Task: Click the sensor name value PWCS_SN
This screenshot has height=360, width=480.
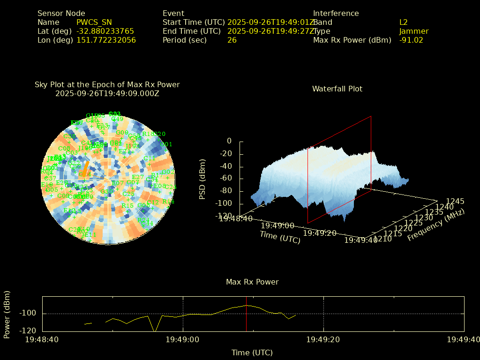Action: pyautogui.click(x=94, y=22)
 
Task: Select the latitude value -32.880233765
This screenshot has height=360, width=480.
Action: pyautogui.click(x=105, y=31)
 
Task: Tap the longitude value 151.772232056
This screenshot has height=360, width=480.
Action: pyautogui.click(x=106, y=40)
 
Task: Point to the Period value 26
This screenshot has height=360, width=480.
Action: pyautogui.click(x=232, y=40)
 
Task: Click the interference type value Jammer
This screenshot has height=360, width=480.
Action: pyautogui.click(x=414, y=31)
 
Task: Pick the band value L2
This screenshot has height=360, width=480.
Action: pyautogui.click(x=404, y=22)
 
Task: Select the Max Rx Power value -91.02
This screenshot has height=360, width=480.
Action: pyautogui.click(x=411, y=40)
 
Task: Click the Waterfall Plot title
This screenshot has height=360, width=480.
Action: pyautogui.click(x=337, y=89)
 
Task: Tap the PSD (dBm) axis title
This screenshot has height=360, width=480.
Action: pyautogui.click(x=202, y=179)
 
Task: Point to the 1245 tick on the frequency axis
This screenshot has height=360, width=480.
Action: pyautogui.click(x=455, y=201)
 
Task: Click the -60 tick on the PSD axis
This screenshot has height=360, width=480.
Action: pyautogui.click(x=224, y=178)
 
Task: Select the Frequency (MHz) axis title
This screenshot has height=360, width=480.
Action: pyautogui.click(x=435, y=225)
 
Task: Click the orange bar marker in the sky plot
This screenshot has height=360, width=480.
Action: pyautogui.click(x=86, y=168)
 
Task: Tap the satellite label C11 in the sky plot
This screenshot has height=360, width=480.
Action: pyautogui.click(x=150, y=158)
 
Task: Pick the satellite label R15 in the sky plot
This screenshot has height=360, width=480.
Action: pyautogui.click(x=127, y=205)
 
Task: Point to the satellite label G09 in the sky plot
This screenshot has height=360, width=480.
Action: pyautogui.click(x=122, y=133)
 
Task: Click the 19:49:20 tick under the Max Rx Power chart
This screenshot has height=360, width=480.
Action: pyautogui.click(x=323, y=339)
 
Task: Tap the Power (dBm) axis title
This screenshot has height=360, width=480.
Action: pyautogui.click(x=7, y=314)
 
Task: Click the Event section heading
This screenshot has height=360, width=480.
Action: pyautogui.click(x=173, y=13)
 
